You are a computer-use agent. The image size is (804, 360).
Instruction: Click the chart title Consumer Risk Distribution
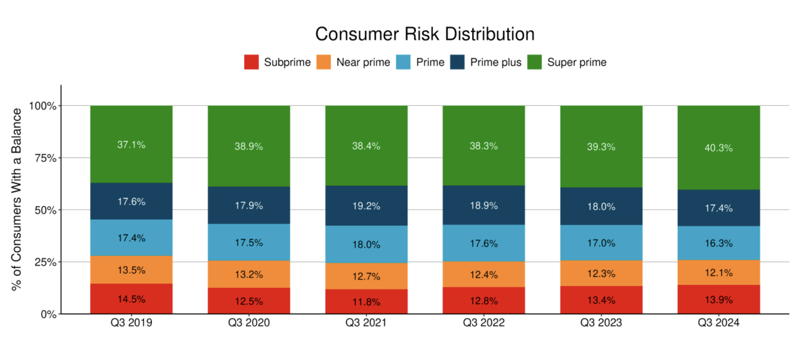pyautogui.click(x=425, y=34)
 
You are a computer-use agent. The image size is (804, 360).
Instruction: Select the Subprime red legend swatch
pyautogui.click(x=251, y=62)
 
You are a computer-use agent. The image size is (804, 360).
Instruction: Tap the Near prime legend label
pyautogui.click(x=363, y=62)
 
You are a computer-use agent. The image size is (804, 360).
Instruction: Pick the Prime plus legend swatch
pyautogui.click(x=457, y=62)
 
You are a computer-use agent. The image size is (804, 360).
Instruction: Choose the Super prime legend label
pyautogui.click(x=576, y=62)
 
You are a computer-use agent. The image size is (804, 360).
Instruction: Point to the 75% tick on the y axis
pyautogui.click(x=45, y=158)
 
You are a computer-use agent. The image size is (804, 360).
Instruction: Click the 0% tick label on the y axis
pyautogui.click(x=48, y=315)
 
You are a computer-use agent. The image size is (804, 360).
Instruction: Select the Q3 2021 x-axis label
pyautogui.click(x=366, y=323)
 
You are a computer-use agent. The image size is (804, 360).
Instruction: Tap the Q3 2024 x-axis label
pyautogui.click(x=718, y=323)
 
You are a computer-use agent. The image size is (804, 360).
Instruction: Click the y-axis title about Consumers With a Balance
pyautogui.click(x=16, y=199)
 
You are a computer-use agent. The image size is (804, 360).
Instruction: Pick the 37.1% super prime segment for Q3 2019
pyautogui.click(x=131, y=145)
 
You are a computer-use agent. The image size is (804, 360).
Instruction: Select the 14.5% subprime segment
pyautogui.click(x=131, y=299)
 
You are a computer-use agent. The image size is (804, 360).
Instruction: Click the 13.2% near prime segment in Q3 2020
pyautogui.click(x=249, y=274)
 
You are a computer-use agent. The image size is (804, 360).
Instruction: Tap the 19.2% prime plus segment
pyautogui.click(x=366, y=206)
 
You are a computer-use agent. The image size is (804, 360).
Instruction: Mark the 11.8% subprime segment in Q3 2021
pyautogui.click(x=366, y=302)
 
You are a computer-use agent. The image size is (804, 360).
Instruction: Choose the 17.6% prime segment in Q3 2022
pyautogui.click(x=484, y=243)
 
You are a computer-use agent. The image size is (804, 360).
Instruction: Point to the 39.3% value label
pyautogui.click(x=601, y=147)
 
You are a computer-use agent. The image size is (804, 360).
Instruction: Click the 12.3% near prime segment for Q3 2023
pyautogui.click(x=601, y=273)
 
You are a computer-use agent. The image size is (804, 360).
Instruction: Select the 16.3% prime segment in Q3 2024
pyautogui.click(x=718, y=243)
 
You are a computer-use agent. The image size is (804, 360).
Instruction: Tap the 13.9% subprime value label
pyautogui.click(x=718, y=300)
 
